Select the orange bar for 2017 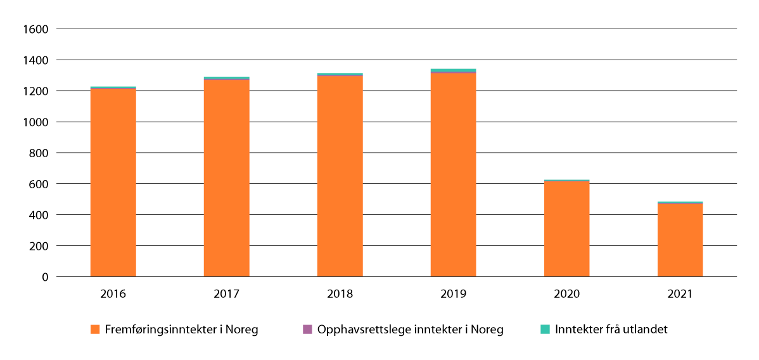point(227,178)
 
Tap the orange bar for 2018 point(340,176)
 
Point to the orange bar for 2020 point(567,229)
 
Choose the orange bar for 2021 point(680,240)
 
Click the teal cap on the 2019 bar point(454,70)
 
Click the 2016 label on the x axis point(113,294)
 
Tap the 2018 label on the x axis point(340,294)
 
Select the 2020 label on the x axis point(567,294)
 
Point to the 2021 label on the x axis point(680,294)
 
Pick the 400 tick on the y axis point(39,215)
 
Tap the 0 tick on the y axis point(45,277)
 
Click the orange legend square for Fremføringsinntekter point(96,330)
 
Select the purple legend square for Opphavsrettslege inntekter point(308,330)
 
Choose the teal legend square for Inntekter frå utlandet point(545,330)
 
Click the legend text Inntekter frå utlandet point(611,330)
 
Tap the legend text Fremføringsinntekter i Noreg point(182,330)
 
